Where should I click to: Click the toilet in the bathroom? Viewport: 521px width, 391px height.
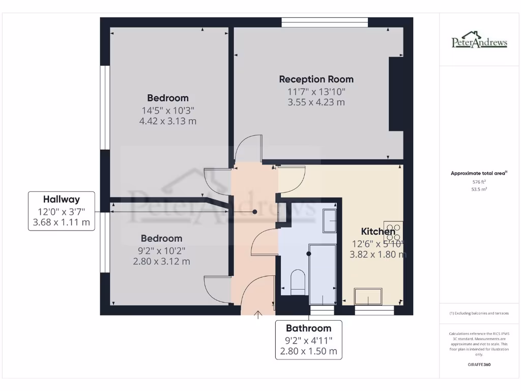point(298,282)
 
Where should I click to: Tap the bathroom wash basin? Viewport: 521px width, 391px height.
point(329,220)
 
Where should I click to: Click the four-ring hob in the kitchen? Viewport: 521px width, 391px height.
point(393,232)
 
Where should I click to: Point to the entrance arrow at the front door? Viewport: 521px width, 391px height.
point(258,315)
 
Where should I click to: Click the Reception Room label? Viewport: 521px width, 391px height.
point(316,79)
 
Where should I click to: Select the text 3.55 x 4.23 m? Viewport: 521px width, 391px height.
point(316,102)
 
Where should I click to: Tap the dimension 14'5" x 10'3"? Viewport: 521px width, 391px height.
point(167,110)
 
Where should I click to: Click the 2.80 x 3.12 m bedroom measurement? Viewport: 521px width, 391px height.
point(161,261)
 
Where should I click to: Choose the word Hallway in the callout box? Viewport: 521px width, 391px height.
point(61,199)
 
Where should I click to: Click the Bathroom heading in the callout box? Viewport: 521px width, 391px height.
point(308,328)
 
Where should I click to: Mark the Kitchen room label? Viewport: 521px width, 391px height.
point(378,231)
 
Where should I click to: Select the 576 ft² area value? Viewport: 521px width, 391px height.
point(479,181)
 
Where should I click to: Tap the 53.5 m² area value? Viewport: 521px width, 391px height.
point(479,189)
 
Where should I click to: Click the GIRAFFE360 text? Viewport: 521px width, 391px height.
point(479,365)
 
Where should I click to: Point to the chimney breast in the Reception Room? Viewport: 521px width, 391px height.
point(396,94)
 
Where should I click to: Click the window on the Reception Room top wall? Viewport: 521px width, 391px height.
point(324,22)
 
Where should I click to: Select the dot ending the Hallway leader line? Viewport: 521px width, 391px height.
point(254,211)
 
